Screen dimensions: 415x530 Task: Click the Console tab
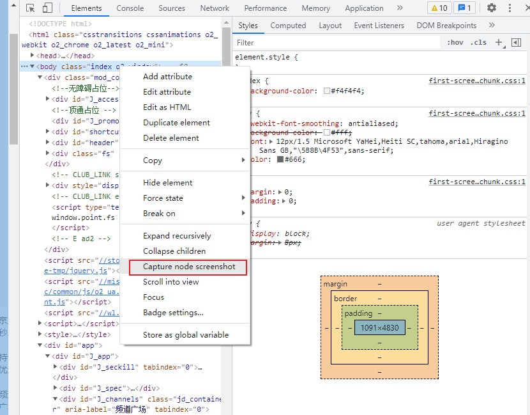[x=130, y=8]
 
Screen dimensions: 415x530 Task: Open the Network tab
[x=215, y=8]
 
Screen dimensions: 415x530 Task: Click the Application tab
[x=364, y=8]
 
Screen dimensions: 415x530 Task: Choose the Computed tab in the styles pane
[x=288, y=26]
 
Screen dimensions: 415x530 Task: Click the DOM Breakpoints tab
[x=446, y=26]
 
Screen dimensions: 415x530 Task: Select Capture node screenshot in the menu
[x=189, y=267]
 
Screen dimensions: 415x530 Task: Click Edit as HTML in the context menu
[x=167, y=107]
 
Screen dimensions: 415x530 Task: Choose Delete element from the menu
[x=170, y=138]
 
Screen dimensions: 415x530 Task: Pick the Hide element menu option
[x=167, y=183]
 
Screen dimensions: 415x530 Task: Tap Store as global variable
[x=185, y=335]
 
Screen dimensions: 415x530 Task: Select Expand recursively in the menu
[x=177, y=236]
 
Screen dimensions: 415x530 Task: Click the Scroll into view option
[x=170, y=282]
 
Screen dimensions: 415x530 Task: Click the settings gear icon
[x=491, y=8]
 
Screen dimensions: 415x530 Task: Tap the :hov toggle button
[x=455, y=43]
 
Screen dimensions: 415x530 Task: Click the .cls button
[x=478, y=43]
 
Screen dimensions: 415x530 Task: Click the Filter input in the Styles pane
[x=338, y=43]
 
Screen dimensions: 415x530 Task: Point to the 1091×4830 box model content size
[x=379, y=327]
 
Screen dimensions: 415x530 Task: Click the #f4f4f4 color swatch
[x=327, y=91]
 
